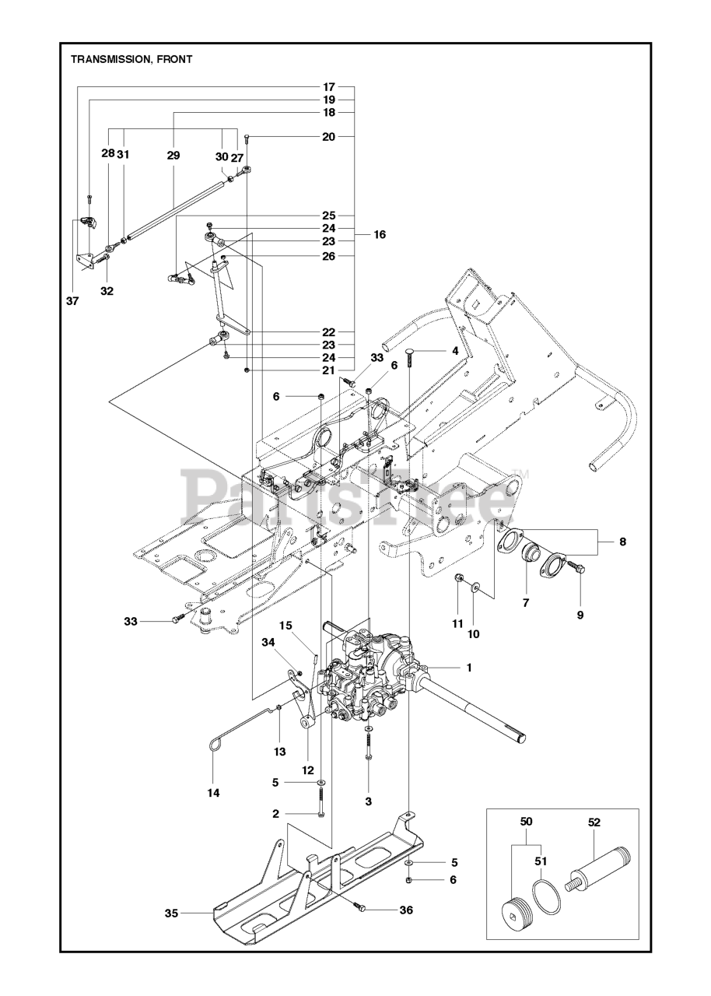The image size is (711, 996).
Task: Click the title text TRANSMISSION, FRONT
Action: point(131,58)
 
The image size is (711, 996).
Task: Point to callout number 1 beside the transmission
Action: point(469,668)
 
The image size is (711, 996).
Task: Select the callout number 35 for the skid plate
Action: point(170,912)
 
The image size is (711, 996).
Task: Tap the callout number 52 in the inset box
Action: point(595,822)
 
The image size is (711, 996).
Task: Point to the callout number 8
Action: point(622,541)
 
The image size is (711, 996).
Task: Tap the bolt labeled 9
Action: point(577,567)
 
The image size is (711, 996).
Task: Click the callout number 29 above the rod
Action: point(173,156)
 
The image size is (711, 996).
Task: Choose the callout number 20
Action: point(328,136)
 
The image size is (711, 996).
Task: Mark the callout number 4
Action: point(455,351)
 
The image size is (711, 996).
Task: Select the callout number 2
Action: point(275,814)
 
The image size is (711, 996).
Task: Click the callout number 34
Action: point(268,642)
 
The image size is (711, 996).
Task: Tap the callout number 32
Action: point(107,291)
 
